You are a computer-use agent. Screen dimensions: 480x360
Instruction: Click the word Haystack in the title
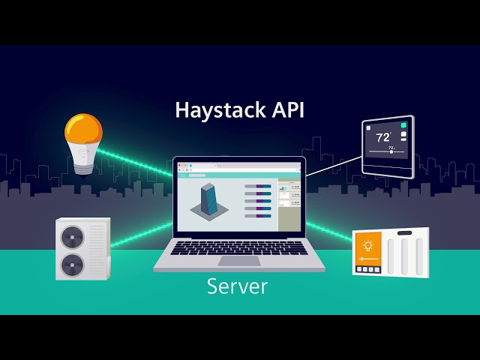pos(220,110)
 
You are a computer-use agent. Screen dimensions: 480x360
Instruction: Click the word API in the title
pos(288,109)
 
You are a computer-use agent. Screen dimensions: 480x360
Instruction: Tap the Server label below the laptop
pos(237,286)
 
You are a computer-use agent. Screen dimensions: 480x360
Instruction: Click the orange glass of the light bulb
pos(83,128)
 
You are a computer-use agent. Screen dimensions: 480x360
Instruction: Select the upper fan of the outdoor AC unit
pos(73,237)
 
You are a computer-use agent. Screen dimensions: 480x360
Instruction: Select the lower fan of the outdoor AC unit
pos(73,265)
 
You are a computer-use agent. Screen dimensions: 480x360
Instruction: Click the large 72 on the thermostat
pos(382,138)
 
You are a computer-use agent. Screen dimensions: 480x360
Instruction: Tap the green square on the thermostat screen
pos(403,125)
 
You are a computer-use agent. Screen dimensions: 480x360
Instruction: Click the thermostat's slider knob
pos(391,151)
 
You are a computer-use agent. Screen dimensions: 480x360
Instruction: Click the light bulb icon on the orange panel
pos(368,245)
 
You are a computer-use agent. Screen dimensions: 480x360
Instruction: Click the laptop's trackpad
pos(239,261)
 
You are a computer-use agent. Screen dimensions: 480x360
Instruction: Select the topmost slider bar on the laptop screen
pos(258,186)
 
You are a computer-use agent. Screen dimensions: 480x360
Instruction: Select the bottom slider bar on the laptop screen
pos(258,216)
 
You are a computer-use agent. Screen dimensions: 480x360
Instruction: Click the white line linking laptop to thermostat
pos(334,166)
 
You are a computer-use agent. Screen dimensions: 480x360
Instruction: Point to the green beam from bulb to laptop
pos(135,163)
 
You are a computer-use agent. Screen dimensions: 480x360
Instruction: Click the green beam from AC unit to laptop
pos(142,235)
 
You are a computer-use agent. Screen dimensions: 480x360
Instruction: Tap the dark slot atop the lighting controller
pos(404,233)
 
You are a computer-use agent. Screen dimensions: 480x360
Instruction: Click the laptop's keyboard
pos(239,247)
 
